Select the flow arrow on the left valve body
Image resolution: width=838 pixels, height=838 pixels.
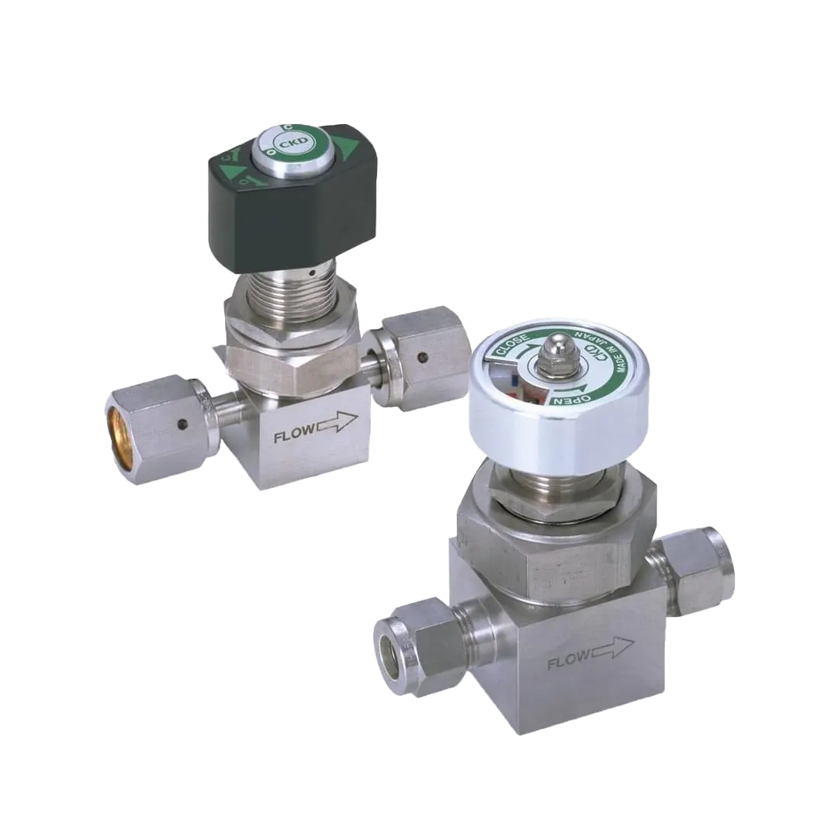pyautogui.click(x=338, y=421)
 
